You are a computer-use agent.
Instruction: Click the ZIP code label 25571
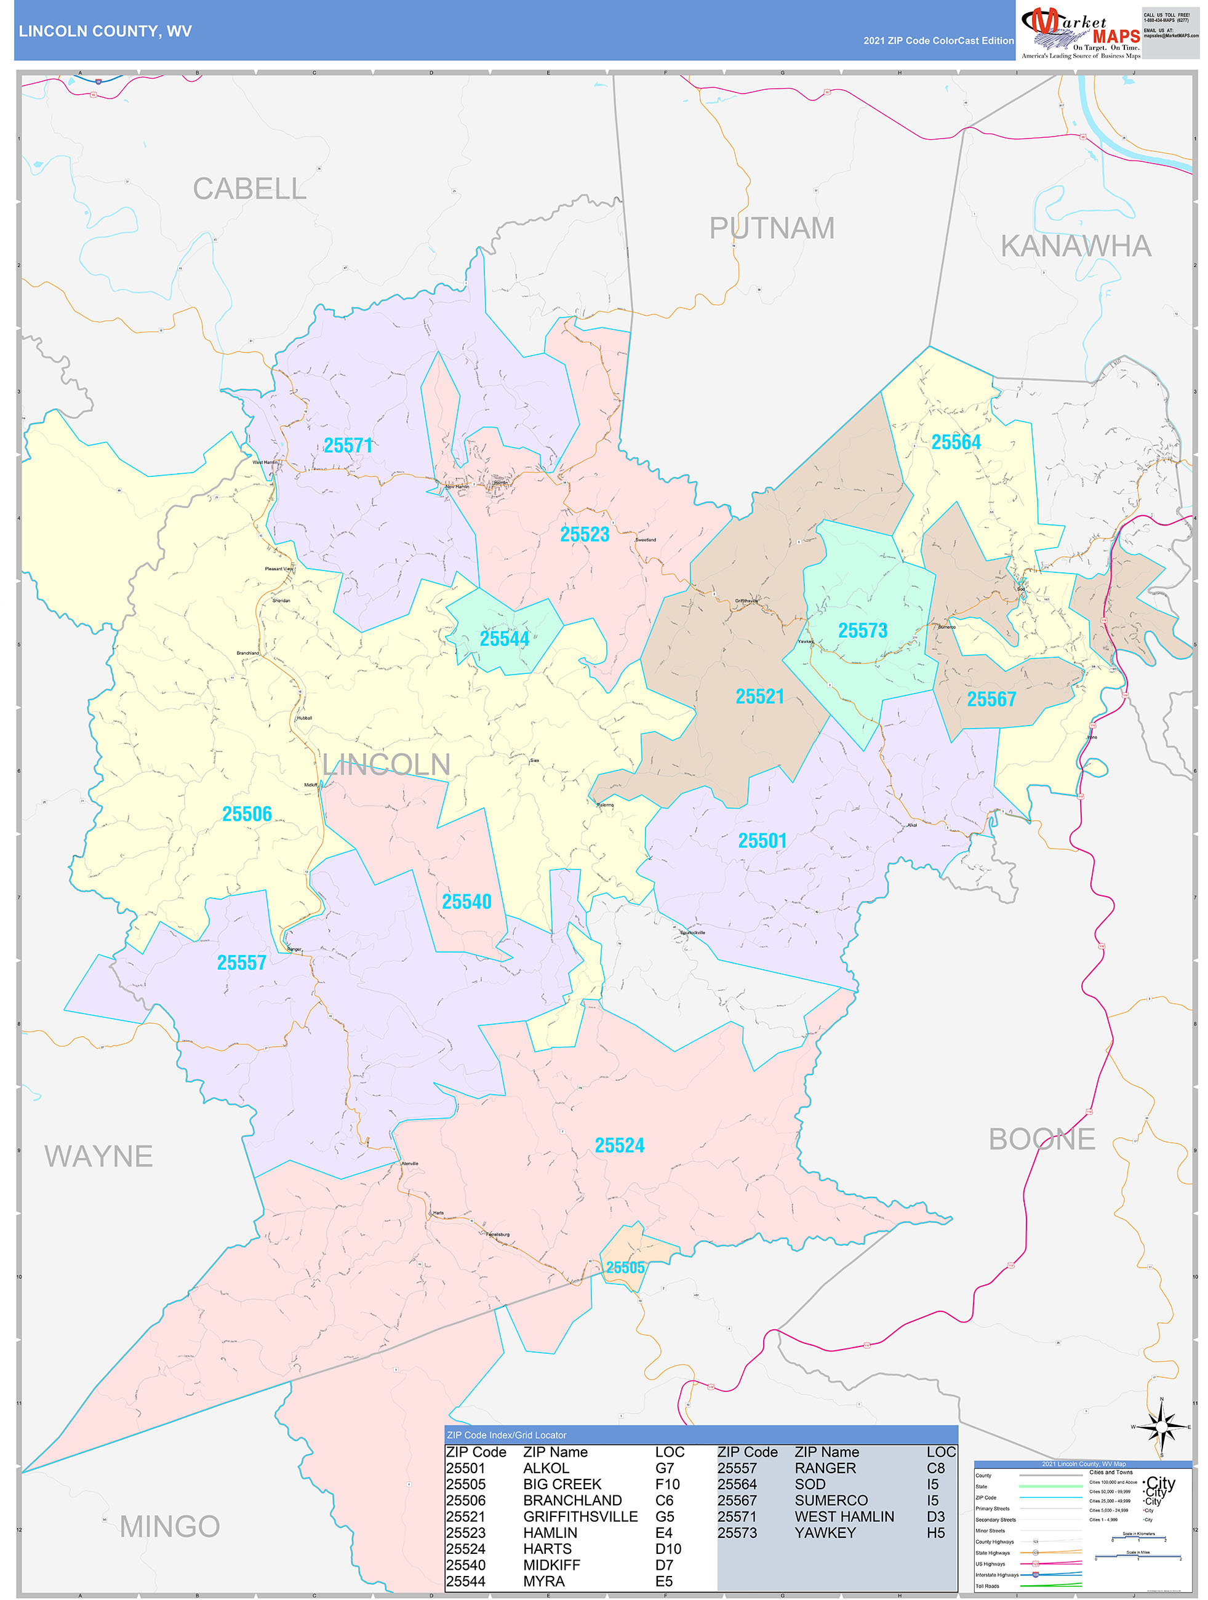coord(348,446)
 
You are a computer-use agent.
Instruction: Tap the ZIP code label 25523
coord(585,535)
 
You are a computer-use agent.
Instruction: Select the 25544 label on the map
coord(504,639)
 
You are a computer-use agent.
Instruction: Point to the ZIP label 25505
coord(626,1267)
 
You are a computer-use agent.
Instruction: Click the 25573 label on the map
coord(862,631)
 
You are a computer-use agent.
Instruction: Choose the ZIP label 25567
coord(991,700)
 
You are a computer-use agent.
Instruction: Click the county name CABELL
coord(250,189)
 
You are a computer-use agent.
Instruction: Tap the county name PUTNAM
coord(771,228)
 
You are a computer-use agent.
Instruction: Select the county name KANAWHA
coord(1076,247)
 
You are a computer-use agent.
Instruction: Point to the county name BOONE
coord(1042,1139)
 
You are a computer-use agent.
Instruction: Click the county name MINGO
coord(169,1526)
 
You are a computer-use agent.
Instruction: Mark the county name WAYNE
coord(98,1156)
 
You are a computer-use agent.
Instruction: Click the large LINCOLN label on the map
coord(386,764)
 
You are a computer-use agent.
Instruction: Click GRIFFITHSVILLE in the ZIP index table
coord(580,1516)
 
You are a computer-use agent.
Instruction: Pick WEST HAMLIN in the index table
coord(844,1516)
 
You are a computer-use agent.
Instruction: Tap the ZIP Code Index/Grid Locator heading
coord(506,1435)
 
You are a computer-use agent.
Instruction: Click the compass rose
coord(1162,1427)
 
